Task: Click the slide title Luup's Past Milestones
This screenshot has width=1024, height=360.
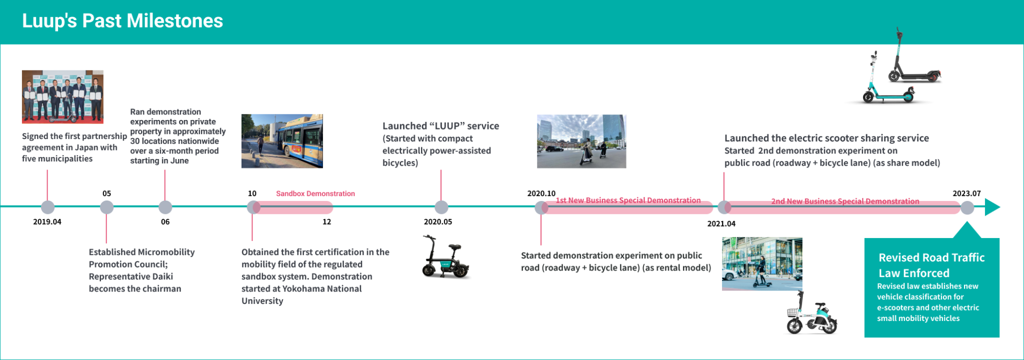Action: click(x=122, y=21)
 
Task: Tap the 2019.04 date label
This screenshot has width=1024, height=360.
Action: click(x=47, y=221)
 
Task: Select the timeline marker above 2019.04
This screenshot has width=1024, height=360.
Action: click(x=47, y=207)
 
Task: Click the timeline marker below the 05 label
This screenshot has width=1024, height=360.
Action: click(x=106, y=207)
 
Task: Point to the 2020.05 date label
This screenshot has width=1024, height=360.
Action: click(x=437, y=221)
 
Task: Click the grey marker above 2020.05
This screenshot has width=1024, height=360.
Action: click(x=441, y=207)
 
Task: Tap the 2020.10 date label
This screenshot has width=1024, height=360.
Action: click(x=541, y=193)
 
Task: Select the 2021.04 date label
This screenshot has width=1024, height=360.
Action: click(x=721, y=223)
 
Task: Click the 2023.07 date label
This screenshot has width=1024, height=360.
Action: click(x=966, y=193)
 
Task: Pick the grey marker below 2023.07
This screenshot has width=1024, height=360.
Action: click(x=967, y=207)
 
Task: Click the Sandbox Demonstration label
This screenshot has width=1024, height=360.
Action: click(x=315, y=193)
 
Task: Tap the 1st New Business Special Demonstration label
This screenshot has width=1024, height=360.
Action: click(x=628, y=200)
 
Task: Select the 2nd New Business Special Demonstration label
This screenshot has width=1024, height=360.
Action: click(x=845, y=201)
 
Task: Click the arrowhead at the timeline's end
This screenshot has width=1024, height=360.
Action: click(x=992, y=207)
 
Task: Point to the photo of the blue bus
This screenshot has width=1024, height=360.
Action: click(x=282, y=141)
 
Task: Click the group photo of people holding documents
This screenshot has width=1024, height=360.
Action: click(x=62, y=96)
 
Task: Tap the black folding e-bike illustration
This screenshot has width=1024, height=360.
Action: click(x=445, y=258)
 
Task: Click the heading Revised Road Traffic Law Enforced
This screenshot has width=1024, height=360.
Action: click(x=931, y=265)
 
